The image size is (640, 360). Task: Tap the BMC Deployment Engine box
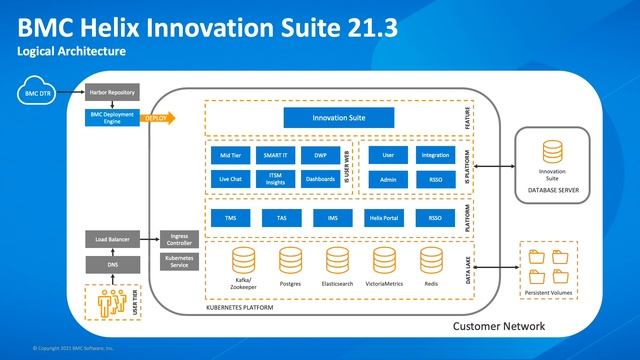pyautogui.click(x=114, y=117)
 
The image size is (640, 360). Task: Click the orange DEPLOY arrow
pyautogui.click(x=159, y=117)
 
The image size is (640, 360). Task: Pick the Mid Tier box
pyautogui.click(x=229, y=156)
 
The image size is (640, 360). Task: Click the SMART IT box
pyautogui.click(x=275, y=156)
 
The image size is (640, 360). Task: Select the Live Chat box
pyautogui.click(x=229, y=179)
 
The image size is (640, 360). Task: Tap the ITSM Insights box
pyautogui.click(x=275, y=179)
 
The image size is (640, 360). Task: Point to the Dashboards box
pyautogui.click(x=320, y=179)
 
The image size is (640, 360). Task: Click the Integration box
pyautogui.click(x=435, y=156)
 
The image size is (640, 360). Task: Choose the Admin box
pyautogui.click(x=388, y=180)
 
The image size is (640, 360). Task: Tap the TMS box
pyautogui.click(x=230, y=217)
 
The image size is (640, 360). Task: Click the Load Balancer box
pyautogui.click(x=114, y=240)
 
